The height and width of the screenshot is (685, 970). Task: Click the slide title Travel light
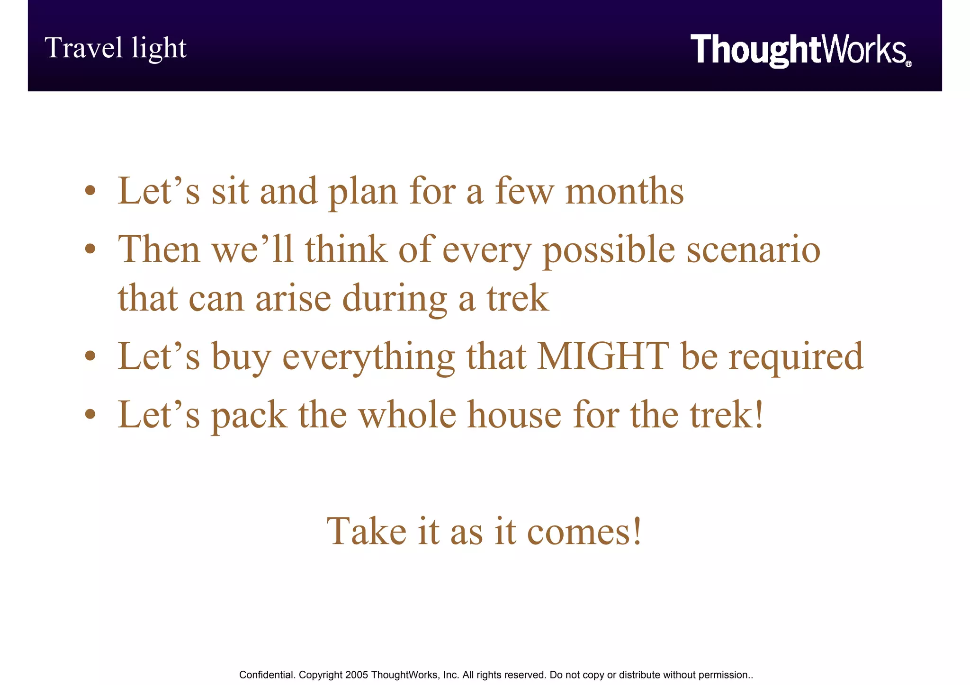116,48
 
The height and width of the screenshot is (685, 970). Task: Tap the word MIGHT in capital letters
603,356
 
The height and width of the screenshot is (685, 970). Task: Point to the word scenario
753,249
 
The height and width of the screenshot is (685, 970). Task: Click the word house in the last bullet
514,415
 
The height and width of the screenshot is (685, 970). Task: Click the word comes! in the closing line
584,531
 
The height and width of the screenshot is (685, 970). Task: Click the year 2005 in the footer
357,675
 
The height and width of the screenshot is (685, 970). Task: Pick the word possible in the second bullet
609,250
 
